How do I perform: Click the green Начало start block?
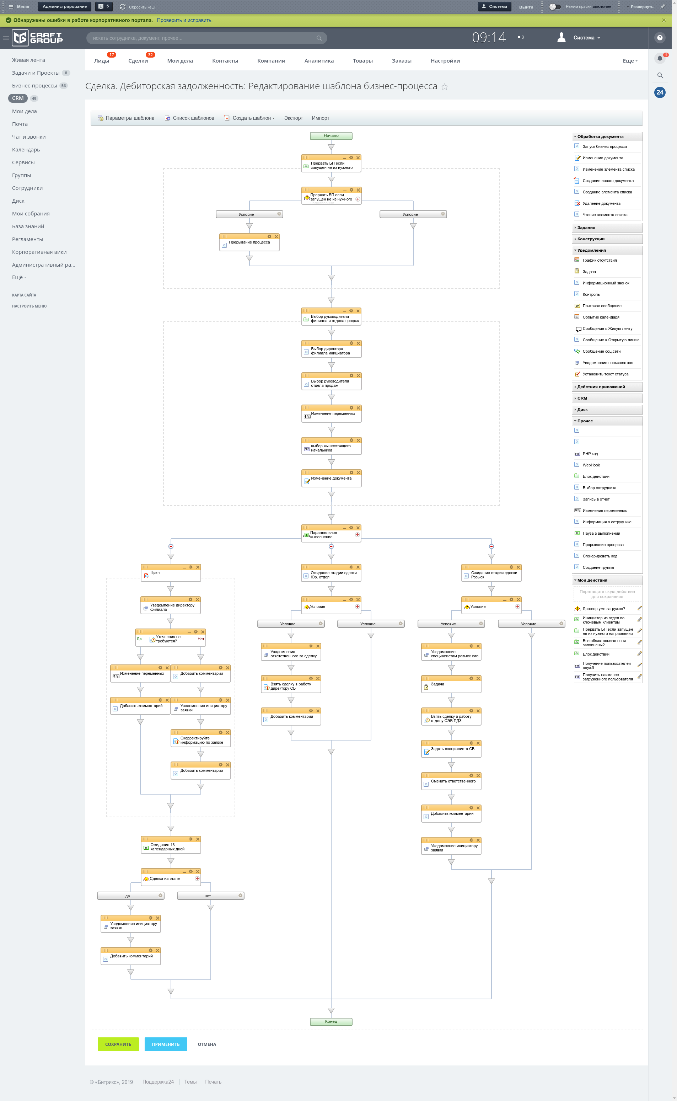331,136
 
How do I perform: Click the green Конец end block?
331,1022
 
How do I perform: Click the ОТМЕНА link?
207,1044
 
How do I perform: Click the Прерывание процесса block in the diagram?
249,243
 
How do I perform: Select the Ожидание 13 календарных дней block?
171,846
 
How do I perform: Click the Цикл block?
171,573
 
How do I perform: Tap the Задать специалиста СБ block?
451,749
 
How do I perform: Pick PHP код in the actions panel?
590,454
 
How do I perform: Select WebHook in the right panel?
591,465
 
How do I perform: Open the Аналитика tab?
319,61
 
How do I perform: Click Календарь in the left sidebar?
26,150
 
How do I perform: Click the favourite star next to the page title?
445,87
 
